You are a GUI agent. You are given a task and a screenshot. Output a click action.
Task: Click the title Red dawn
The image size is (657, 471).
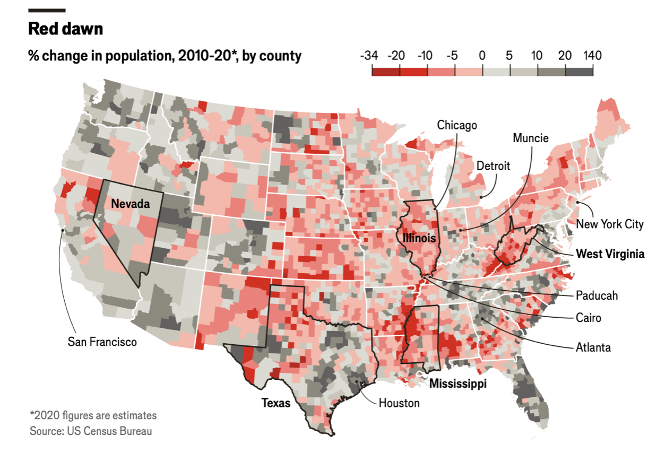(x=65, y=29)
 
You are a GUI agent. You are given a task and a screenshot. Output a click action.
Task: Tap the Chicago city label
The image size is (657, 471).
(x=457, y=125)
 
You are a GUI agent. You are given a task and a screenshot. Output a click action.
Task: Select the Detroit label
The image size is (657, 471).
(x=492, y=166)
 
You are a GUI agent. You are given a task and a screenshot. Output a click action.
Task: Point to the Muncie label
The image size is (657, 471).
(x=530, y=138)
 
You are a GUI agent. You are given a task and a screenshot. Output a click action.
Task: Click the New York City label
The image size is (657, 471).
(x=610, y=224)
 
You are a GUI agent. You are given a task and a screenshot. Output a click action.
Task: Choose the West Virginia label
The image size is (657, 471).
(x=610, y=254)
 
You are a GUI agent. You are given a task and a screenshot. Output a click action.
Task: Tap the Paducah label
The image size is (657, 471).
(x=597, y=295)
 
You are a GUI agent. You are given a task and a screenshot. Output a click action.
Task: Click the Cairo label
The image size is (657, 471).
(x=589, y=318)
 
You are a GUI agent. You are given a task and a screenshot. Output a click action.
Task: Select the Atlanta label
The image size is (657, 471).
(x=593, y=348)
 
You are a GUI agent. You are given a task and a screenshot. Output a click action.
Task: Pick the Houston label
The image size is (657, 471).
(x=399, y=403)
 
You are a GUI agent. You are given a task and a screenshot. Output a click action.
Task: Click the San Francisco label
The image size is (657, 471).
(x=102, y=342)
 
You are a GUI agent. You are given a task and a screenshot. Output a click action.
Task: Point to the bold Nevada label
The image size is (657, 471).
(x=130, y=204)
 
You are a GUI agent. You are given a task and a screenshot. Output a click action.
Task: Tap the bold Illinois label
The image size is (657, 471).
(x=419, y=238)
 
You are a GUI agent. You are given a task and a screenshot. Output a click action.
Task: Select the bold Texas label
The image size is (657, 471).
(x=276, y=403)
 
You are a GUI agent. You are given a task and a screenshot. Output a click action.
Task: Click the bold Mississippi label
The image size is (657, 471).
(x=458, y=383)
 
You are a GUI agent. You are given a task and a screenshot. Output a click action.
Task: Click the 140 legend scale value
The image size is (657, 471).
(x=592, y=56)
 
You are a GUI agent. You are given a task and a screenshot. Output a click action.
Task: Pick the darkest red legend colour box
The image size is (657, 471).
(x=385, y=72)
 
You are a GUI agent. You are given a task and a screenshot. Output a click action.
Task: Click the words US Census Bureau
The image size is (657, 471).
(x=109, y=431)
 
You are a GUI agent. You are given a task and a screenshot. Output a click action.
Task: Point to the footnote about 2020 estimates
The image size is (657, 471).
(x=93, y=415)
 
